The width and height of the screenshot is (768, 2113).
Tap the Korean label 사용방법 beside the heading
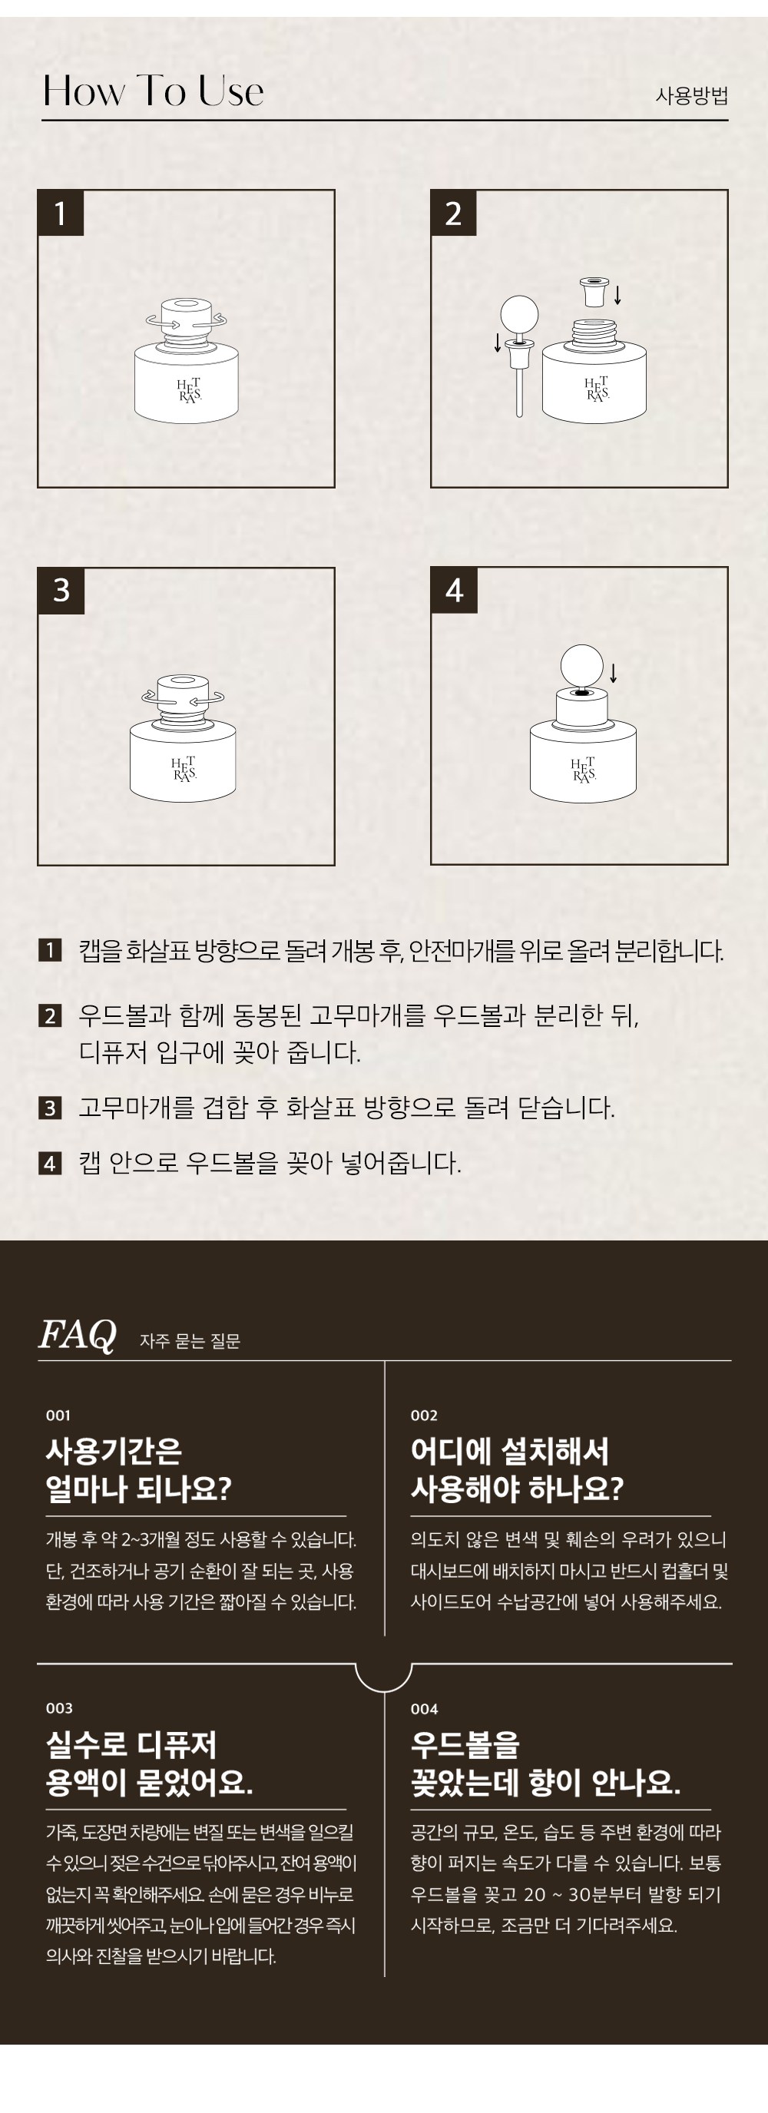pos(691,96)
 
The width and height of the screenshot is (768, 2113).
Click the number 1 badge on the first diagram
pos(61,214)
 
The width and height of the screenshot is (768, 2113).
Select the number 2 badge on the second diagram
pos(454,214)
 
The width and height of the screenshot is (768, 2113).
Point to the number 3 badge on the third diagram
pos(61,591)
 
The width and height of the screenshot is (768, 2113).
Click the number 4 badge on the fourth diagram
pos(455,591)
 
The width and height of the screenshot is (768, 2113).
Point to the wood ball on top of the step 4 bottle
pos(581,664)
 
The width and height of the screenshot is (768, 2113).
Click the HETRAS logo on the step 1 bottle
pos(189,390)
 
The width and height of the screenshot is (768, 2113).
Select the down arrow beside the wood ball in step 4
pos(613,674)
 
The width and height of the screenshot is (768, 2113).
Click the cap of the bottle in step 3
pos(182,692)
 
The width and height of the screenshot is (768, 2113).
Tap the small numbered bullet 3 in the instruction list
pos(50,1108)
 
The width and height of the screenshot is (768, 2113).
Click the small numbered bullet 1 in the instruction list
pos(50,951)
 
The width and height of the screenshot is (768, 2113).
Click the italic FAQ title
pos(78,1335)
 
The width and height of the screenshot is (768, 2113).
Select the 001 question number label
pos(58,1415)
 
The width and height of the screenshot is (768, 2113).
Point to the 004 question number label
pos(424,1709)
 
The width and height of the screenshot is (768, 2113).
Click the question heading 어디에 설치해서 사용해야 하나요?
pos(517,1469)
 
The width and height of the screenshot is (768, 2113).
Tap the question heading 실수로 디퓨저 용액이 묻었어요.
pos(149,1763)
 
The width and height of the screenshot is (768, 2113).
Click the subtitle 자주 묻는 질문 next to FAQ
pos(190,1340)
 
